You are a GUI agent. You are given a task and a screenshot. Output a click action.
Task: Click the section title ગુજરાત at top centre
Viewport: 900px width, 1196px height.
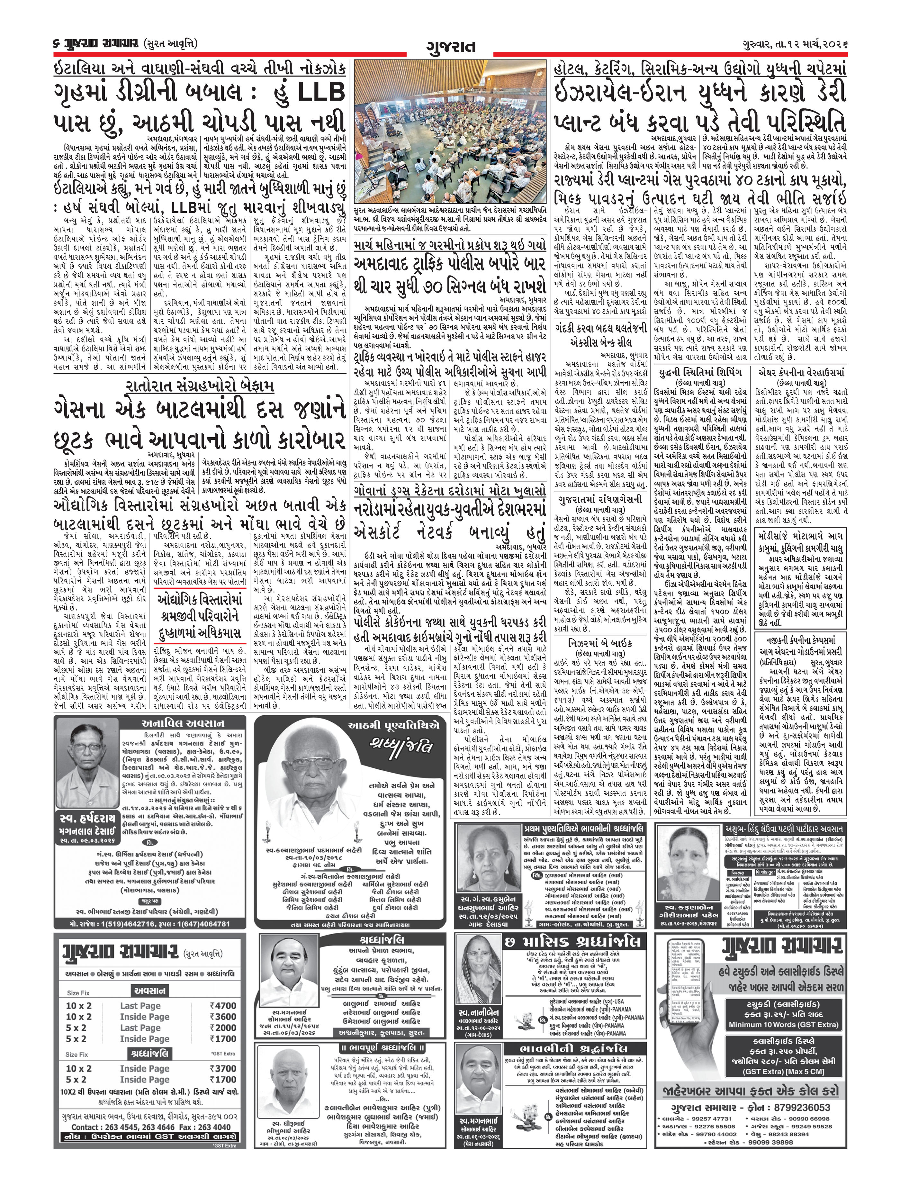450,47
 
